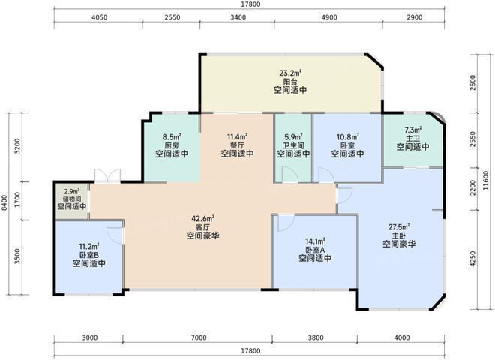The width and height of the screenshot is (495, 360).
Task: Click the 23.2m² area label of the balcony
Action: pos(289,73)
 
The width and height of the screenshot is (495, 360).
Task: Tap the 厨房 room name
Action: pos(172,145)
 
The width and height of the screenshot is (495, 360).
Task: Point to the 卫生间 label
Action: pos(293,145)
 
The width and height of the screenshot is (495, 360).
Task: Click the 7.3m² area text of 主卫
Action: pos(413,130)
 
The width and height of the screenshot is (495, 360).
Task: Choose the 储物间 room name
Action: pos(72,199)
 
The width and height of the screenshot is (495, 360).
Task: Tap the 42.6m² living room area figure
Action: pos(201,220)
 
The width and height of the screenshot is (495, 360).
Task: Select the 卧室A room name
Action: pos(315,250)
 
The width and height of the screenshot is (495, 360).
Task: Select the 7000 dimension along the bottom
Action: pos(198,337)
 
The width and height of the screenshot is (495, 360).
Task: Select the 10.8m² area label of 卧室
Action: pos(346,137)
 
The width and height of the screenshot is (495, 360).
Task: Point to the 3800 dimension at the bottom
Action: pos(315,337)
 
